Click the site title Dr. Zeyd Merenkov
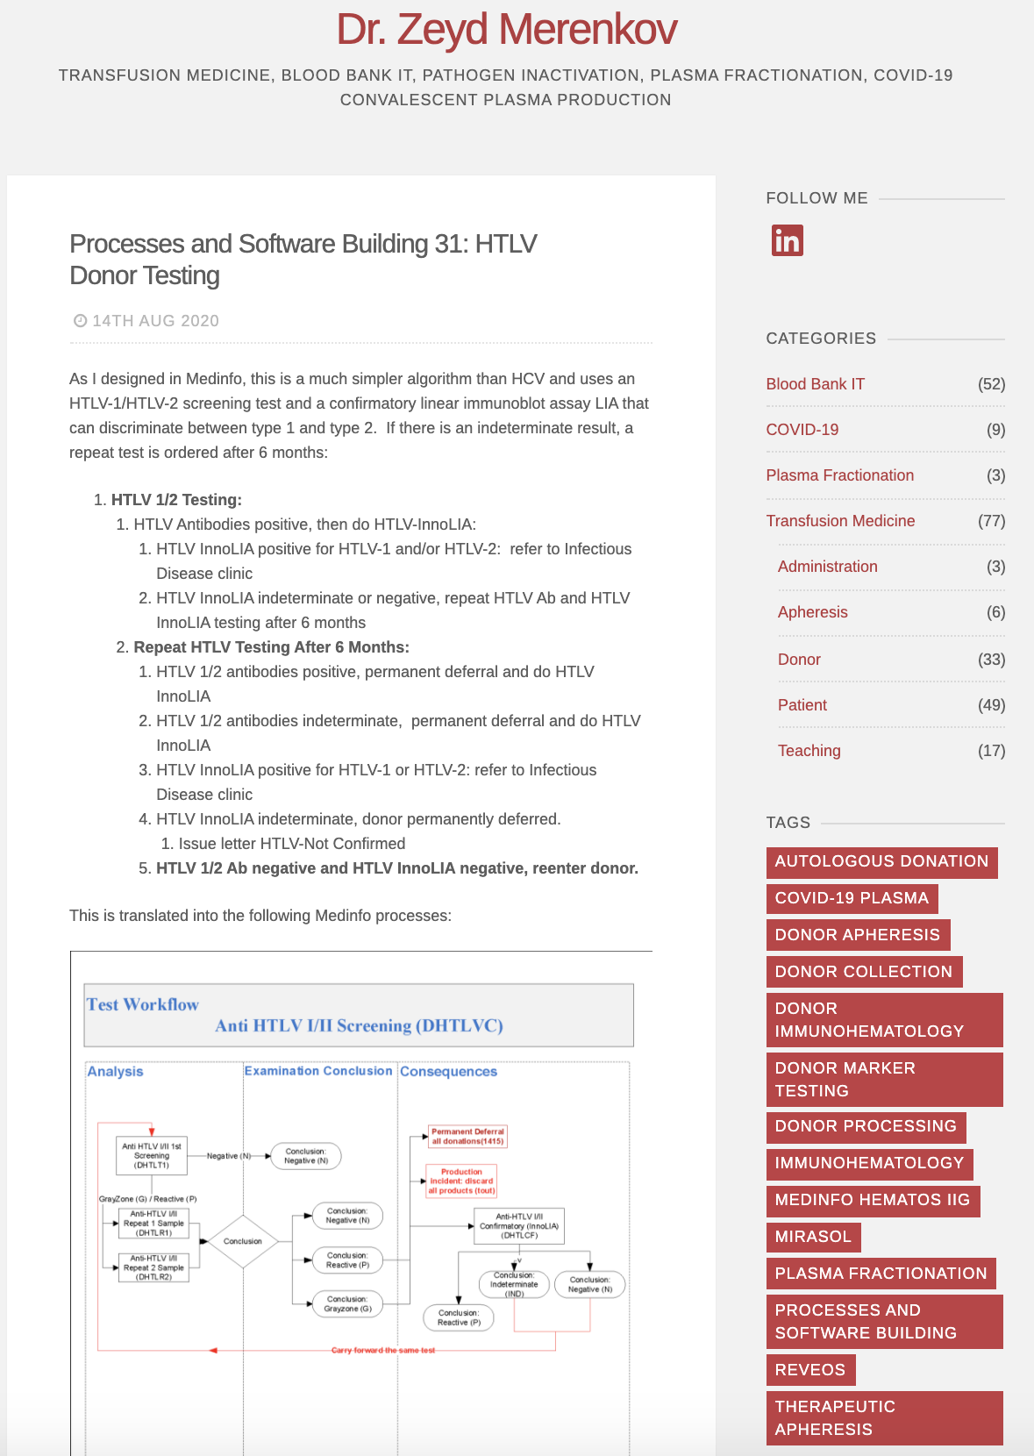click(506, 30)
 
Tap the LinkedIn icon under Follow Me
click(787, 240)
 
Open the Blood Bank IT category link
click(815, 384)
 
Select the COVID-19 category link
click(802, 430)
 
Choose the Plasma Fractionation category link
click(839, 475)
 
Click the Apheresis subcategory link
click(812, 612)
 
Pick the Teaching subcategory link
click(809, 751)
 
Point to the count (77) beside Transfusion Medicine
click(991, 521)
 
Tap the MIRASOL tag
click(813, 1237)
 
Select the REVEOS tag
click(809, 1370)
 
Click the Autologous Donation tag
click(881, 861)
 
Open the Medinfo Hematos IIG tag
click(872, 1200)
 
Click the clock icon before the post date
click(80, 321)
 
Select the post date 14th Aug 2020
click(155, 321)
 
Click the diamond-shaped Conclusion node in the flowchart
click(243, 1241)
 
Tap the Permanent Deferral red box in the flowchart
click(467, 1137)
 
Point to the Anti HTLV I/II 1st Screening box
click(152, 1156)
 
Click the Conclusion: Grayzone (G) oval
click(347, 1304)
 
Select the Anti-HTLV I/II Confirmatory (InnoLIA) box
click(519, 1226)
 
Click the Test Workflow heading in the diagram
click(142, 1005)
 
